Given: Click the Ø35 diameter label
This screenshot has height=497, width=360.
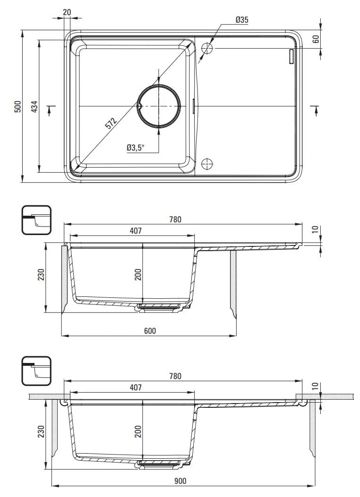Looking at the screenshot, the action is (x=242, y=20).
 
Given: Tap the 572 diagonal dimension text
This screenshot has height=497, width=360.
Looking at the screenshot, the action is (x=111, y=123).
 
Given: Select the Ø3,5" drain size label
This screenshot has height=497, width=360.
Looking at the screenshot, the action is (x=136, y=148).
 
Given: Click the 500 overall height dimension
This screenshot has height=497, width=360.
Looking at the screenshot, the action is (x=18, y=106).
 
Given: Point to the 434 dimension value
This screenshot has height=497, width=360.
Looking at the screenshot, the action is (x=34, y=106).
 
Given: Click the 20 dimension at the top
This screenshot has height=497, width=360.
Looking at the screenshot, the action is (x=67, y=12).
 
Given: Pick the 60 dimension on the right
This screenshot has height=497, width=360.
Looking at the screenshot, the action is (x=316, y=39).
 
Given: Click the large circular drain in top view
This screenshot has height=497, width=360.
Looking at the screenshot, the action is (x=159, y=106).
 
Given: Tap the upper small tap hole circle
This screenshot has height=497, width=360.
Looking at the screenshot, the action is (x=207, y=48).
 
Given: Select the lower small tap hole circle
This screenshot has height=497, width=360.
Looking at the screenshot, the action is (x=207, y=164).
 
